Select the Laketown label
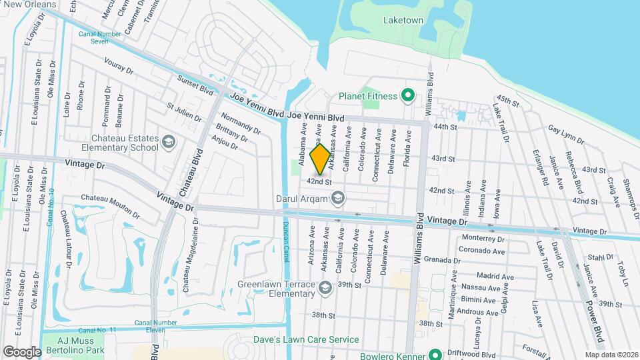[x=403, y=21]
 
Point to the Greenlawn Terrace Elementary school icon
[x=325, y=287]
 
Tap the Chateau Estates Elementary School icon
[x=168, y=142]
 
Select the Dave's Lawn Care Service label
[x=317, y=339]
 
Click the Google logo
[x=22, y=351]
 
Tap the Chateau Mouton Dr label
[x=110, y=205]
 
